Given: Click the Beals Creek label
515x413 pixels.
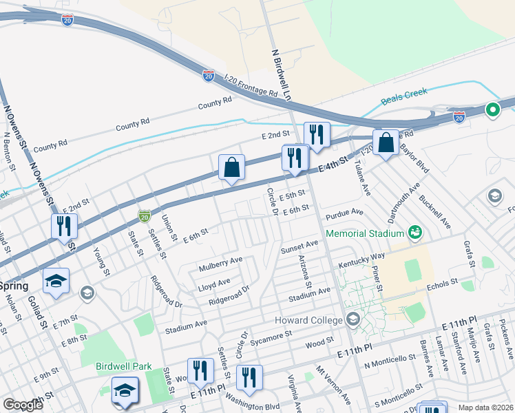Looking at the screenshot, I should click(x=404, y=96).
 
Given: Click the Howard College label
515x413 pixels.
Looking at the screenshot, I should click(x=308, y=320).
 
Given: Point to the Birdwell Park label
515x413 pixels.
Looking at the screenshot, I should click(x=123, y=367).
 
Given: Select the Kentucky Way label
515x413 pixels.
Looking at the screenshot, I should click(x=361, y=260).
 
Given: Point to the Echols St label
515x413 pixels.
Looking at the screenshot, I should click(x=441, y=284).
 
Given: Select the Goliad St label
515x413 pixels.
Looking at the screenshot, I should click(x=37, y=311).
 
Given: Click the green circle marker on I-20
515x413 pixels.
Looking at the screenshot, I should click(x=492, y=109).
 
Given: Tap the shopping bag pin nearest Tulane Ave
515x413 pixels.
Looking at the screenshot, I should click(x=386, y=143).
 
